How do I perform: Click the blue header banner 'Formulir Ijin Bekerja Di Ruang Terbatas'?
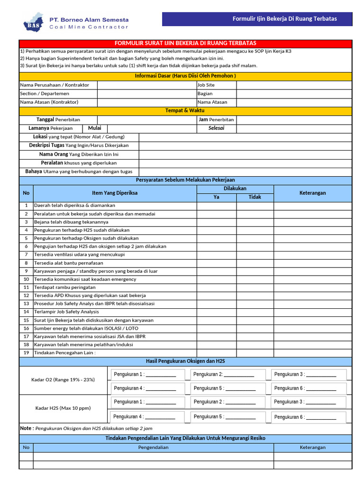pyautogui.click(x=257, y=19)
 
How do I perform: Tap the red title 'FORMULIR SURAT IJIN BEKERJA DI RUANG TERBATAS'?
pyautogui.click(x=185, y=43)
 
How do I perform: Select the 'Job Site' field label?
pyautogui.click(x=206, y=85)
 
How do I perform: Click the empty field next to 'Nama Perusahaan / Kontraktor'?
pyautogui.click(x=146, y=85)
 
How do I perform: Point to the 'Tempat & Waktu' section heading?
pyautogui.click(x=185, y=110)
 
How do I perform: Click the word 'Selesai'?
pyautogui.click(x=217, y=128)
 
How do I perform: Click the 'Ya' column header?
pyautogui.click(x=217, y=197)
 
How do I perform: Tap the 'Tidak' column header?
pyautogui.click(x=255, y=197)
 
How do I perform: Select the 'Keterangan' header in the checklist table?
pyautogui.click(x=313, y=193)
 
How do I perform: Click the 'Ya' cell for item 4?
pyautogui.click(x=217, y=230)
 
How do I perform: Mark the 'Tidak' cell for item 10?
pyautogui.click(x=255, y=279)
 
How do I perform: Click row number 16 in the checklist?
pyautogui.click(x=27, y=328)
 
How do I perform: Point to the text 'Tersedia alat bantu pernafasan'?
pyautogui.click(x=69, y=263)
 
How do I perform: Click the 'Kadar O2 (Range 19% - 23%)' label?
pyautogui.click(x=63, y=380)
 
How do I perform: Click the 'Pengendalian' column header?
pyautogui.click(x=153, y=447)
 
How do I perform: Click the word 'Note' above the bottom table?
pyautogui.click(x=27, y=428)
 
